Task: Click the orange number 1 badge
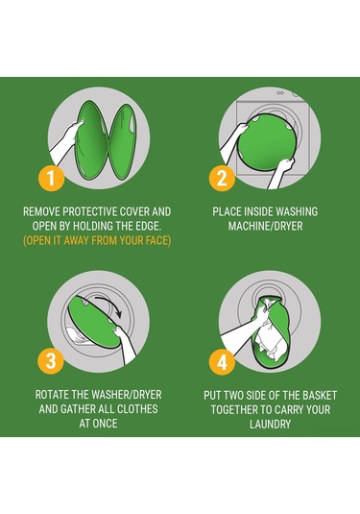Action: (x=51, y=179)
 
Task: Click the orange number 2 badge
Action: (x=222, y=179)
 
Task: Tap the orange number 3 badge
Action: (x=51, y=360)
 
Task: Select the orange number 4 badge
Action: (x=222, y=362)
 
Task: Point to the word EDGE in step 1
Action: (x=150, y=226)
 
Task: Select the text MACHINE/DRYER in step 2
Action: (x=265, y=226)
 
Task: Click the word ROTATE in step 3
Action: (x=52, y=395)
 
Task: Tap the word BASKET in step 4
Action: (x=320, y=395)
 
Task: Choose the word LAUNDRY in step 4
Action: (x=271, y=425)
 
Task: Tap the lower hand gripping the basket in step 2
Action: (x=281, y=172)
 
